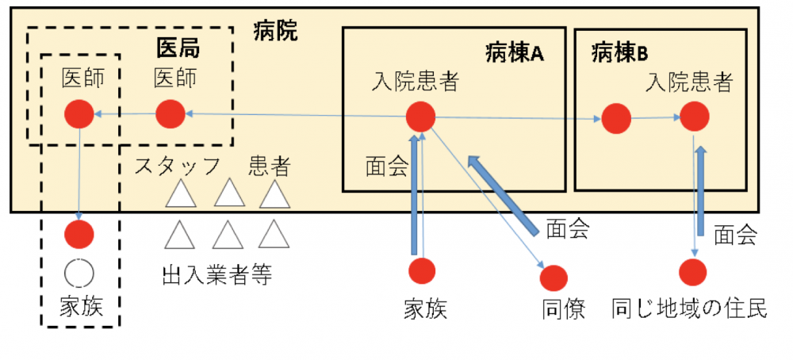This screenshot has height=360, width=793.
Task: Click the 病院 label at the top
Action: [275, 32]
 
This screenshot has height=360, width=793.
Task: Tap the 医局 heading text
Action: [176, 48]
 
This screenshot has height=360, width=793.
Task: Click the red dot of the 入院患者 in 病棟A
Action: [420, 117]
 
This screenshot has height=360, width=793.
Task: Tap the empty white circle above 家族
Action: [79, 272]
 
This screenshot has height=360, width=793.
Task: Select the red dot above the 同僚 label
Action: [554, 277]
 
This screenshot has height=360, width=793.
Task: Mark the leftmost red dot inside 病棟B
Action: [615, 119]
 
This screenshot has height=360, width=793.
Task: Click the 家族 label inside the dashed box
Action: [80, 307]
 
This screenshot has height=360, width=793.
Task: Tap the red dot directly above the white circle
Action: [79, 234]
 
